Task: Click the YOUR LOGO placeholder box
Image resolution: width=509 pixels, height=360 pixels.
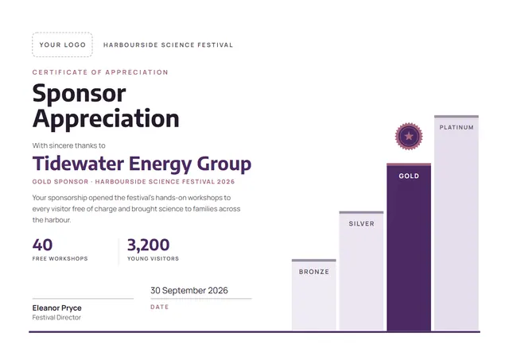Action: pos(62,45)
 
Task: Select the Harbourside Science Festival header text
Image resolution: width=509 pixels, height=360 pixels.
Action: pos(168,45)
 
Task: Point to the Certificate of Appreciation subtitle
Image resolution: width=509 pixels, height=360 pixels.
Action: pos(100,72)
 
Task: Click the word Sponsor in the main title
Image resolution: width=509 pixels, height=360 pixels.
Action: pos(80,94)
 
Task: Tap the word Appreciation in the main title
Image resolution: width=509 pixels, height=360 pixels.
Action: pos(106,119)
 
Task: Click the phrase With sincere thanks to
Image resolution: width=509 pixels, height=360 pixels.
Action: pos(69,145)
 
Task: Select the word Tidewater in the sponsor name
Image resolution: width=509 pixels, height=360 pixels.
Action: pos(78,163)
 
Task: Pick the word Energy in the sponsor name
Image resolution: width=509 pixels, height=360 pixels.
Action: pos(161,165)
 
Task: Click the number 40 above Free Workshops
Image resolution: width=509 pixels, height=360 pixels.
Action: pos(42,245)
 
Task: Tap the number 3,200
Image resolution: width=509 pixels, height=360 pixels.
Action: pos(149,246)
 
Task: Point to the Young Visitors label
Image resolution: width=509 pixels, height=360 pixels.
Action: pos(153,259)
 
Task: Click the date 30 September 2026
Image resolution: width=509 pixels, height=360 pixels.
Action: pos(189,290)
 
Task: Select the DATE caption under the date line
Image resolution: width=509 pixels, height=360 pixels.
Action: pos(159,307)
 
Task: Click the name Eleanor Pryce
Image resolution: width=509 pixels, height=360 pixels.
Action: pos(56,308)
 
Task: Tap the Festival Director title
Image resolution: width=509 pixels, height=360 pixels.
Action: pos(56,318)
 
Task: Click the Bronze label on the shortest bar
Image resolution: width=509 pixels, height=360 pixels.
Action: pos(314,272)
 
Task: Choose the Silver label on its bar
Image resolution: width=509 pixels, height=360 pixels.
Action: pos(361,224)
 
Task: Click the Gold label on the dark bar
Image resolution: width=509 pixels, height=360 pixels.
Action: pos(409,176)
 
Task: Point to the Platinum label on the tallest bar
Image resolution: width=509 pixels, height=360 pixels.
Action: pos(457,127)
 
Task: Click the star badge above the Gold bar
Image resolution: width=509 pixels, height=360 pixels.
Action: pos(409,136)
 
